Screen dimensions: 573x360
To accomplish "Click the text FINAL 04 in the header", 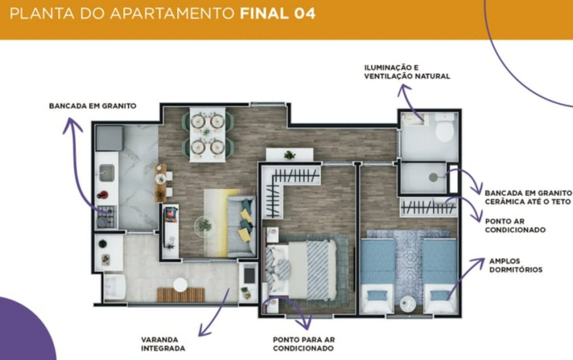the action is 277,14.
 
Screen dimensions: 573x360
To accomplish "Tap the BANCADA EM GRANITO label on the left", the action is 92,106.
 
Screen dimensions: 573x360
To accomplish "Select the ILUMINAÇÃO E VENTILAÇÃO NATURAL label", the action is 407,72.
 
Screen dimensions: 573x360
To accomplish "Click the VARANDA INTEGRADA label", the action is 163,344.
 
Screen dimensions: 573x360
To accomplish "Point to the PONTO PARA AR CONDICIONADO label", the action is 304,344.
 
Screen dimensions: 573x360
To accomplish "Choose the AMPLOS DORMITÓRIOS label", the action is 516,265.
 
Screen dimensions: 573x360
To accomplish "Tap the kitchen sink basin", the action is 107,173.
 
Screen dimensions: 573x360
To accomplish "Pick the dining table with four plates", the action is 207,134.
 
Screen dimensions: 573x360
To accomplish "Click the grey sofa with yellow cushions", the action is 241,226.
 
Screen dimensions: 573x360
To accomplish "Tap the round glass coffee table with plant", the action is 205,226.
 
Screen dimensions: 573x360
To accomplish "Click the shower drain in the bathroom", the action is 433,177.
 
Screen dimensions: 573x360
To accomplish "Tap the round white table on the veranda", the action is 180,285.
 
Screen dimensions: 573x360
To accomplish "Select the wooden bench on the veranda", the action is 181,295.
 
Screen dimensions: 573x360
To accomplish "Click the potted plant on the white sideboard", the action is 290,155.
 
